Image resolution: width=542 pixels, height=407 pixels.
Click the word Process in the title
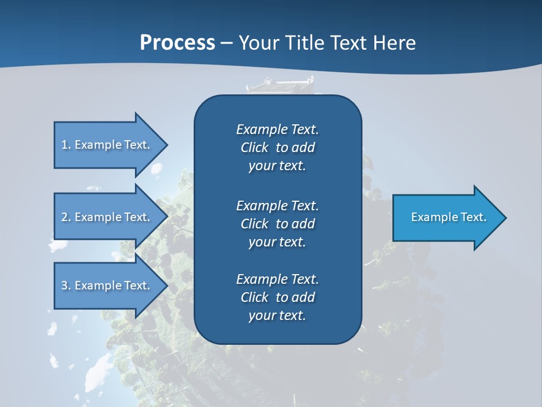tap(177, 43)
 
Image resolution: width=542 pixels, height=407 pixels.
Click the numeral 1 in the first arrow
tap(64, 145)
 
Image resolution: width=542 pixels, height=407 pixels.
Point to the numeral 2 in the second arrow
tap(64, 217)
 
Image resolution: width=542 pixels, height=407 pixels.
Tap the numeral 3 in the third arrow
tap(64, 285)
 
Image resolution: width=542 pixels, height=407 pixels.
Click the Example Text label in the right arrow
tap(448, 217)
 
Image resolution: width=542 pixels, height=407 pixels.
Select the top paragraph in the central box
tap(277, 148)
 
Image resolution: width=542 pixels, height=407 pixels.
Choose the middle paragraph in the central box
tap(277, 224)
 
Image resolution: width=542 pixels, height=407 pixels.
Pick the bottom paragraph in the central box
tap(277, 297)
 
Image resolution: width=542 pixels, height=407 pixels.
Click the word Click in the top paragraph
tap(254, 148)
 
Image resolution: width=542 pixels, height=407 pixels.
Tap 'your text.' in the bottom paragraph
tap(277, 315)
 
